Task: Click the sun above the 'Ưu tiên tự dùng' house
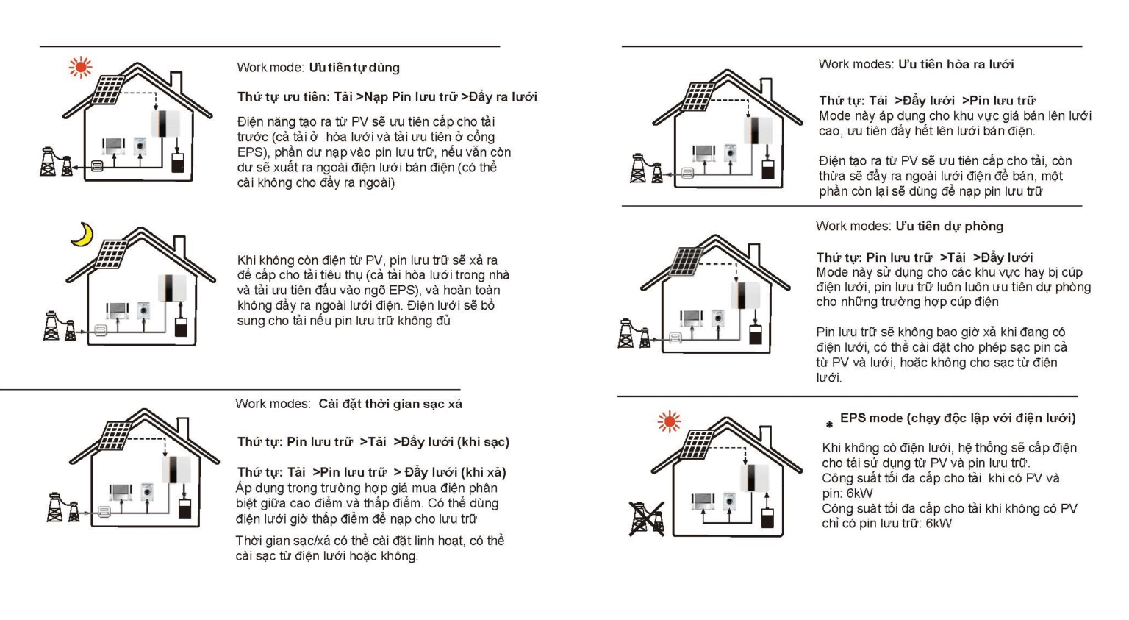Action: pyautogui.click(x=81, y=67)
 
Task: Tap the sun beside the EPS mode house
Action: pyautogui.click(x=669, y=421)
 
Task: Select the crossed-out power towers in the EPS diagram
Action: pyautogui.click(x=647, y=519)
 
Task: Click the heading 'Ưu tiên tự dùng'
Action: pyautogui.click(x=354, y=68)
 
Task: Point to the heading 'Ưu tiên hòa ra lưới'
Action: pyautogui.click(x=956, y=64)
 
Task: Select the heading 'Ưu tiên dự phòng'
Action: pyautogui.click(x=950, y=226)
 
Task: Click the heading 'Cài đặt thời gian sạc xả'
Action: pyautogui.click(x=390, y=404)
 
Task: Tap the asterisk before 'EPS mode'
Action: pyautogui.click(x=829, y=425)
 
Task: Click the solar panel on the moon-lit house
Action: pyautogui.click(x=112, y=254)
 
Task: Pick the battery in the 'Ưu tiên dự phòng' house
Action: pyautogui.click(x=755, y=335)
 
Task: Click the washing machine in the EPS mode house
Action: pyautogui.click(x=729, y=502)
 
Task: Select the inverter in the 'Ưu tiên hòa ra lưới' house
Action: pyautogui.click(x=758, y=130)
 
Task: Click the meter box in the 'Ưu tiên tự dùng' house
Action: pyautogui.click(x=97, y=166)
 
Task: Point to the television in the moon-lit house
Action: pyautogui.click(x=117, y=309)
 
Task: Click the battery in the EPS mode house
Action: pyautogui.click(x=767, y=518)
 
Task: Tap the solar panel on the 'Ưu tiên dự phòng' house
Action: pyautogui.click(x=686, y=262)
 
